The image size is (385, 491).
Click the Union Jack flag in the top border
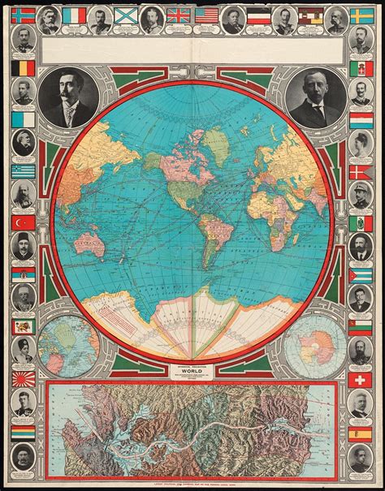click(x=178, y=15)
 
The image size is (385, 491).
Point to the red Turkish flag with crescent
click(x=22, y=222)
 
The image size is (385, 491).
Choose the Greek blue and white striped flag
click(x=22, y=170)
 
